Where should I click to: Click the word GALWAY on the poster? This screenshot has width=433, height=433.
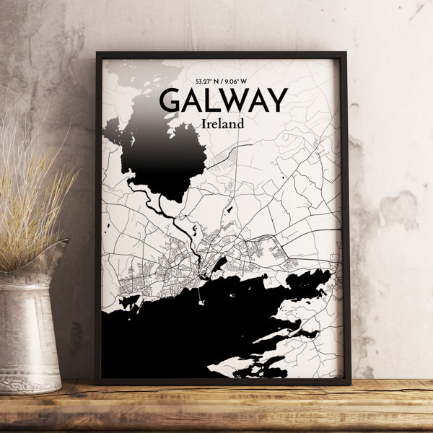[x=223, y=100]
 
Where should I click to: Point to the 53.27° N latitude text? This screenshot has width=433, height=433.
[x=206, y=82]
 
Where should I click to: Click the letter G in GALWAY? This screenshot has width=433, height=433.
[x=170, y=100]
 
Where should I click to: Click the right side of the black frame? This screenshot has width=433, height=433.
[x=345, y=216]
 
